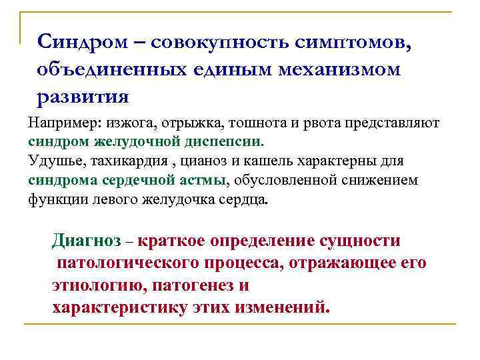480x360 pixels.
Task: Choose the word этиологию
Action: click(x=99, y=285)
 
